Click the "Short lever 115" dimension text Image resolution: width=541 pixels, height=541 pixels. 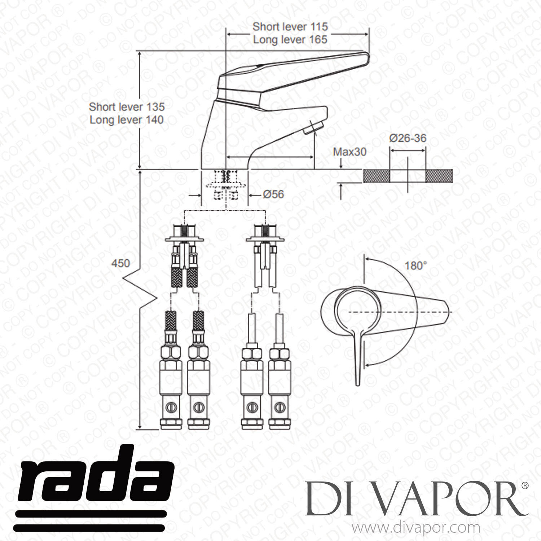click(x=290, y=27)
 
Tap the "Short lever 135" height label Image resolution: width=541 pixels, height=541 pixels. click(x=127, y=107)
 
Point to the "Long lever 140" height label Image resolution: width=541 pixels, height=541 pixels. click(x=127, y=120)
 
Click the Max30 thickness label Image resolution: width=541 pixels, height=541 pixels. click(x=349, y=152)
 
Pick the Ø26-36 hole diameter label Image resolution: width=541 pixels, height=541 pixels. click(x=408, y=138)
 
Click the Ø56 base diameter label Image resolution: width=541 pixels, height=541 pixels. click(x=273, y=194)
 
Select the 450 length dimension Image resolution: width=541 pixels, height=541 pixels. click(x=120, y=263)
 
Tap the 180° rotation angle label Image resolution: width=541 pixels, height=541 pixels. click(x=415, y=266)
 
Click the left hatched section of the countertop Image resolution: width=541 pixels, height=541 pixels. click(x=377, y=175)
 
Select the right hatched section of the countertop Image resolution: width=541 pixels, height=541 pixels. click(x=439, y=175)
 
